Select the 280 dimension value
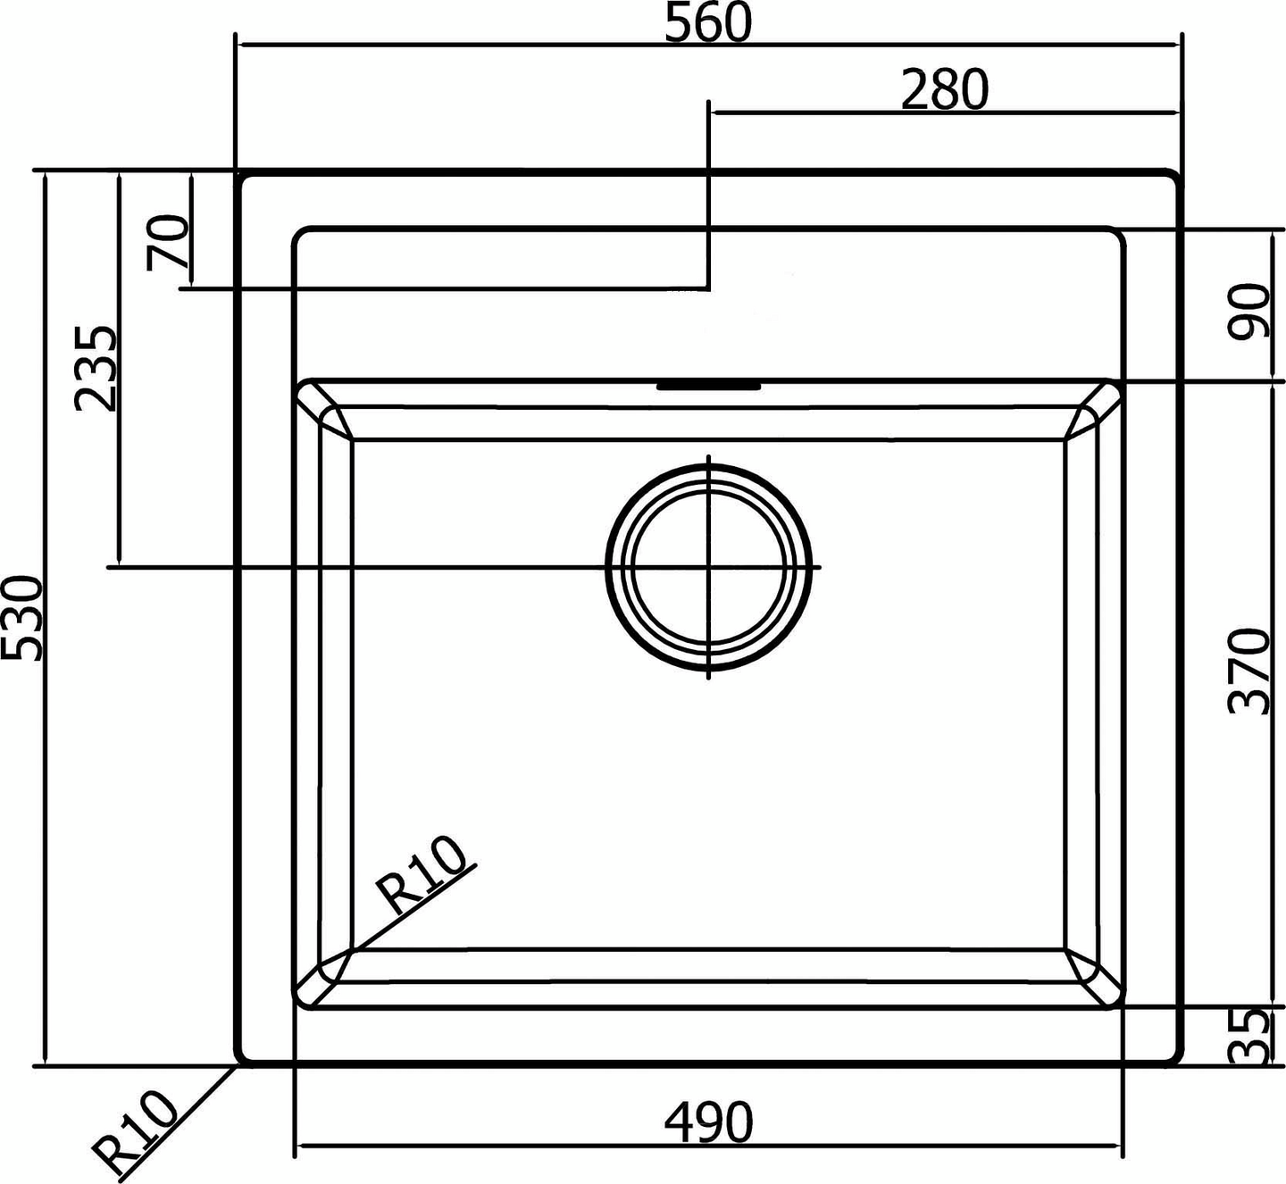(x=944, y=90)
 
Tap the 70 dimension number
(x=168, y=242)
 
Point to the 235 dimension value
(x=96, y=369)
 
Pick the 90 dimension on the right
(x=1248, y=311)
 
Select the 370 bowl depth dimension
(x=1248, y=672)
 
